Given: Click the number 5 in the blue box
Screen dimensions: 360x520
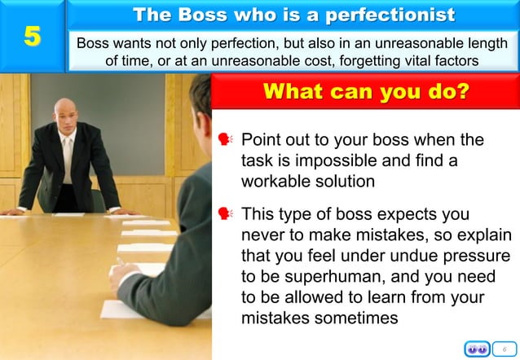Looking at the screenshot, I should pyautogui.click(x=31, y=37).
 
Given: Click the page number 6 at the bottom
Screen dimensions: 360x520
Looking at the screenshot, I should pyautogui.click(x=505, y=349).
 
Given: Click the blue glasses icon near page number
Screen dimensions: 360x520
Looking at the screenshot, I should pyautogui.click(x=478, y=349).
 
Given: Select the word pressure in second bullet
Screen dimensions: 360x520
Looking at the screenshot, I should pyautogui.click(x=478, y=257).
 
